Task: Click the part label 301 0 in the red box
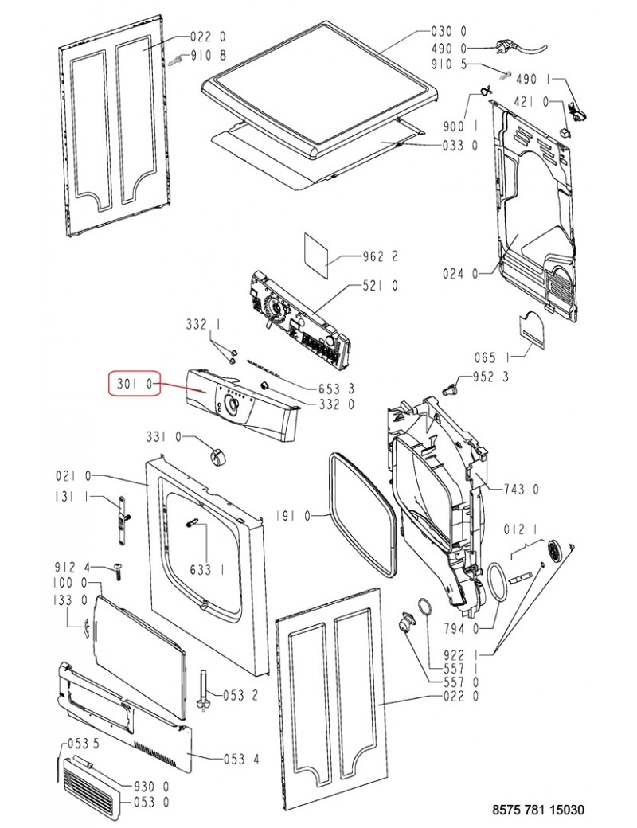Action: pos(133,384)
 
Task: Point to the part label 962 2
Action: pos(381,256)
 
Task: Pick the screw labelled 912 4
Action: pos(117,572)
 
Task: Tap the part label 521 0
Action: pos(381,286)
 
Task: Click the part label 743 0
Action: pos(521,490)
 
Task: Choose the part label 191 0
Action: pos(294,517)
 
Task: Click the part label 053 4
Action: pos(241,760)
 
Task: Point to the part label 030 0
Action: pos(449,32)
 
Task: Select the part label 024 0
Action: pos(460,274)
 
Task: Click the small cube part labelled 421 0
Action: pos(565,130)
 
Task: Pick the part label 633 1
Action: pos(208,570)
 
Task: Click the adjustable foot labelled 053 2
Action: pos(203,691)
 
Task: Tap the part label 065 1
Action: pos(492,358)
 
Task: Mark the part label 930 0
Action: pos(151,787)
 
